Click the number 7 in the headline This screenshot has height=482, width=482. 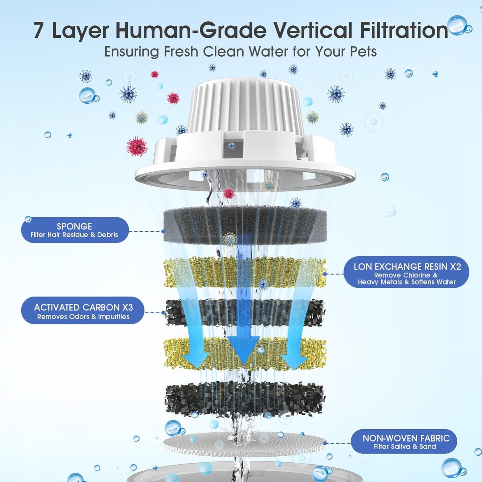[39, 30]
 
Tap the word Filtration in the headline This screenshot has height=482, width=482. [404, 30]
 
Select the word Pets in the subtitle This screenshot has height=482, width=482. [363, 52]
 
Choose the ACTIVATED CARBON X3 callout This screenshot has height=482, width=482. [83, 311]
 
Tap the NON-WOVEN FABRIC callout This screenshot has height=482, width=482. [404, 441]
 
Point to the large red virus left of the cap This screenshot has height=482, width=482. [137, 146]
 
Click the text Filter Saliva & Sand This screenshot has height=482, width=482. [405, 447]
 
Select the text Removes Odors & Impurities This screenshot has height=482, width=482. [83, 317]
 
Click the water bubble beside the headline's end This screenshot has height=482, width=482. [457, 25]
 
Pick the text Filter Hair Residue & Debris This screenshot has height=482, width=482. [74, 235]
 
